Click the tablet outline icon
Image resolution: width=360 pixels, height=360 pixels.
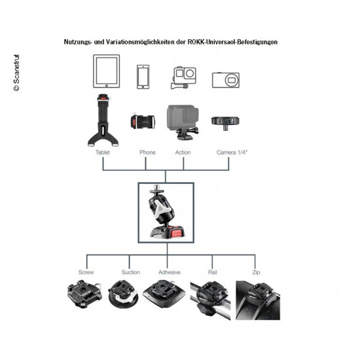click(x=106, y=71)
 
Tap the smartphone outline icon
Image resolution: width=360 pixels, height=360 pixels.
click(x=143, y=77)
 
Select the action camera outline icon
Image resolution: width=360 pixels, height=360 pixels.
click(x=183, y=78)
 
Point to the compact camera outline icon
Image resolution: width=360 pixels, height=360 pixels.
click(x=226, y=80)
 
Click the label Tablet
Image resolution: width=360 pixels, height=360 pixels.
click(x=103, y=153)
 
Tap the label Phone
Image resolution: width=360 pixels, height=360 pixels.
click(x=147, y=153)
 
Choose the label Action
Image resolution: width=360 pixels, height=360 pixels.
click(x=183, y=153)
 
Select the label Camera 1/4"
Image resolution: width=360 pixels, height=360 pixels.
click(x=232, y=153)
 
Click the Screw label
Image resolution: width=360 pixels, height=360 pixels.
click(x=86, y=272)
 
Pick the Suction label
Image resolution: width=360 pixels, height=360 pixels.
click(x=131, y=272)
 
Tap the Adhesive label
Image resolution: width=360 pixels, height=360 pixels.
click(x=170, y=272)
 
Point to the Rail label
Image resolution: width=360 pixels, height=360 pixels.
click(x=212, y=272)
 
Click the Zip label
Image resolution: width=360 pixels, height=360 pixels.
click(x=256, y=273)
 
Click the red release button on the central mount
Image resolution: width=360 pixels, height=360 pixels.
click(x=177, y=232)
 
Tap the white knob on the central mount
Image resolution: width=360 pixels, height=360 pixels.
click(x=161, y=206)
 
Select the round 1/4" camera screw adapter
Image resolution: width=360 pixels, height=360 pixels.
click(x=225, y=122)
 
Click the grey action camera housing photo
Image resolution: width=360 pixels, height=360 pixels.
click(x=183, y=122)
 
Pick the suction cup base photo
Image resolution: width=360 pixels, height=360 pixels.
click(x=123, y=295)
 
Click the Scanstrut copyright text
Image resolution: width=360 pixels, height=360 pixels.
click(x=16, y=73)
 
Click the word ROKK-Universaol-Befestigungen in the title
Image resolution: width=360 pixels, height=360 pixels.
click(x=232, y=42)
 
